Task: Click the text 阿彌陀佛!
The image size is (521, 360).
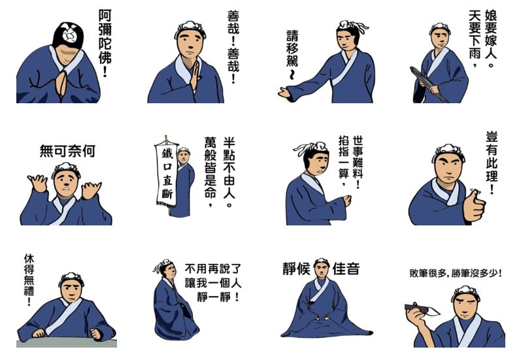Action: [x=105, y=42]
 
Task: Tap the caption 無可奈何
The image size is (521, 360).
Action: [x=67, y=151]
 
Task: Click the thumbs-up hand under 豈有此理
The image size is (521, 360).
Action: [x=474, y=205]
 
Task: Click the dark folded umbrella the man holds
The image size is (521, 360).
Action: [x=429, y=84]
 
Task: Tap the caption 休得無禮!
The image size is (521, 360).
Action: [x=29, y=280]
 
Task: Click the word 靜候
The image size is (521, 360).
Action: [x=296, y=269]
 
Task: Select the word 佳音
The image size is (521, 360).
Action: [x=346, y=269]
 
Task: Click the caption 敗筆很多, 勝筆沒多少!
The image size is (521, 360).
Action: [x=456, y=273]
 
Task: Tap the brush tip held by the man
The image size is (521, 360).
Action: [x=433, y=311]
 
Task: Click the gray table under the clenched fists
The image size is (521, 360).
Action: [x=67, y=343]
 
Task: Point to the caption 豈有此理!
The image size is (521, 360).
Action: [x=492, y=163]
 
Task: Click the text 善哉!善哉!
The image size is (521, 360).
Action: [x=233, y=46]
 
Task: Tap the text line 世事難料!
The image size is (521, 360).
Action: [x=358, y=162]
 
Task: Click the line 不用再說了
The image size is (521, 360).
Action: [x=213, y=269]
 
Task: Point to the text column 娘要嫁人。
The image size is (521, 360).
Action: [x=490, y=38]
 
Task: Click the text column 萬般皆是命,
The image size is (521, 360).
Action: [x=210, y=172]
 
